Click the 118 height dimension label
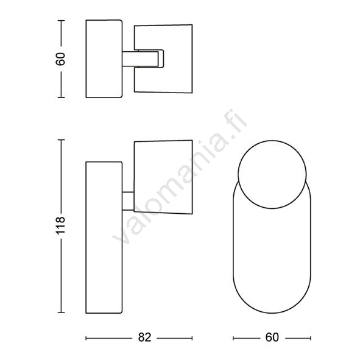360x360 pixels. click(x=61, y=225)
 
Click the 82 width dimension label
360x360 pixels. click(x=144, y=337)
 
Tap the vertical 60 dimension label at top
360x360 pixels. click(x=61, y=59)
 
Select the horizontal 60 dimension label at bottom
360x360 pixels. click(x=272, y=337)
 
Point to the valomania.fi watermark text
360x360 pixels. click(x=180, y=177)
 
